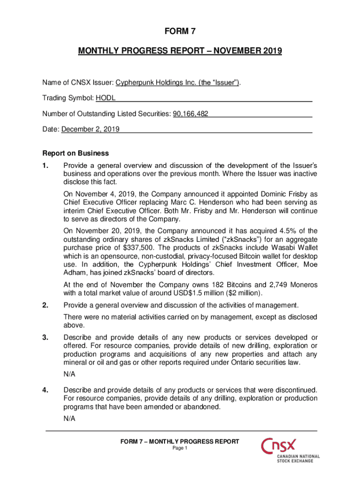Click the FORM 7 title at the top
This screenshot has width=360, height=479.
point(180,32)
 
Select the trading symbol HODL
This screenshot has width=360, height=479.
point(106,98)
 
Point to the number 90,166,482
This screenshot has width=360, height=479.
point(191,114)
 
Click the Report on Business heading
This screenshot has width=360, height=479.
point(75,153)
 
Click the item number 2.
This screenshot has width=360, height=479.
point(45,305)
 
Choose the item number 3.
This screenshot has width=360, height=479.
point(45,338)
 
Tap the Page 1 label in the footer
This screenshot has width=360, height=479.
point(180,448)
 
